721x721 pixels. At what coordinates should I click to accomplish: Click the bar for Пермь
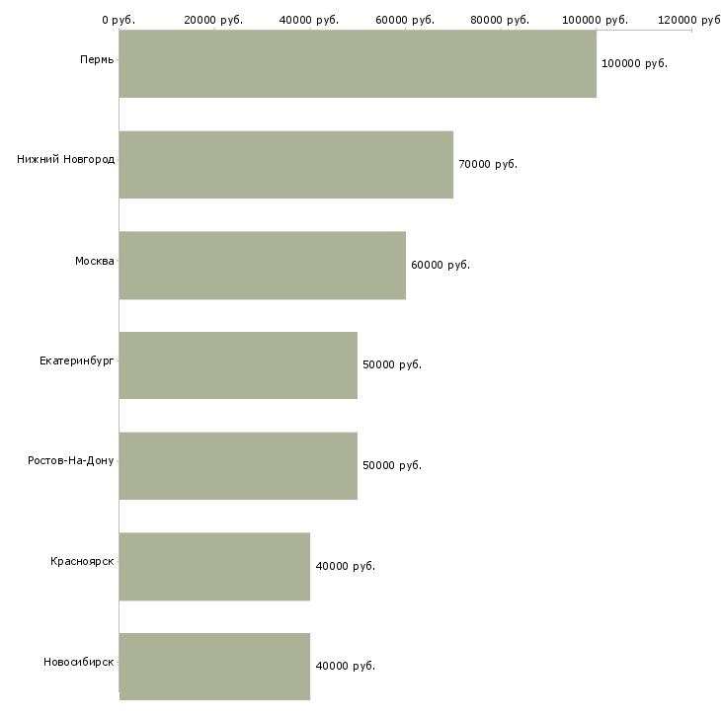pos(358,63)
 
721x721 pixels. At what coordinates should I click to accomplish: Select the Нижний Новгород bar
pos(286,164)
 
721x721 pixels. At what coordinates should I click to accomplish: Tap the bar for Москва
pos(262,265)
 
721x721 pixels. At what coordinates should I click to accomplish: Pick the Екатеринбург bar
pos(238,364)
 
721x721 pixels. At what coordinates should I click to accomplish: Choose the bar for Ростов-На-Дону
pos(238,465)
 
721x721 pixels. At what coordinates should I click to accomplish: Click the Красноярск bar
pos(214,566)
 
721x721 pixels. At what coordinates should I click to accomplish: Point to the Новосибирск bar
pos(214,666)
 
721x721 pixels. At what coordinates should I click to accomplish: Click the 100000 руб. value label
pos(634,63)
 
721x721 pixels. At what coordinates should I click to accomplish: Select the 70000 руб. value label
pos(488,164)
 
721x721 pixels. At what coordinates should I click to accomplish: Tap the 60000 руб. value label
pos(441,265)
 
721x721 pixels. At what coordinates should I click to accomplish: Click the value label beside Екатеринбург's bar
pos(392,364)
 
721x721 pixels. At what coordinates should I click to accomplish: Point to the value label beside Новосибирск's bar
pos(345,666)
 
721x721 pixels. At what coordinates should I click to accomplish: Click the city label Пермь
pos(97,59)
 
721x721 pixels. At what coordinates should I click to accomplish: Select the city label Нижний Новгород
pos(65,159)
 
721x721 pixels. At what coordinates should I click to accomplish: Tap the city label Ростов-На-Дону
pos(71,460)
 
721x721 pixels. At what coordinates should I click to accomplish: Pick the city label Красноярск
pos(82,561)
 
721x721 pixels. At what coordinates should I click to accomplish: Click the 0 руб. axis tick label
pos(119,20)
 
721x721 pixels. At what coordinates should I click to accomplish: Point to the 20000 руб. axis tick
pos(214,20)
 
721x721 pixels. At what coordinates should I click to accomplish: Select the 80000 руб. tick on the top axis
pos(501,20)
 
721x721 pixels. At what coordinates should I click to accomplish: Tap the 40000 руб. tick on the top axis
pos(310,20)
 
